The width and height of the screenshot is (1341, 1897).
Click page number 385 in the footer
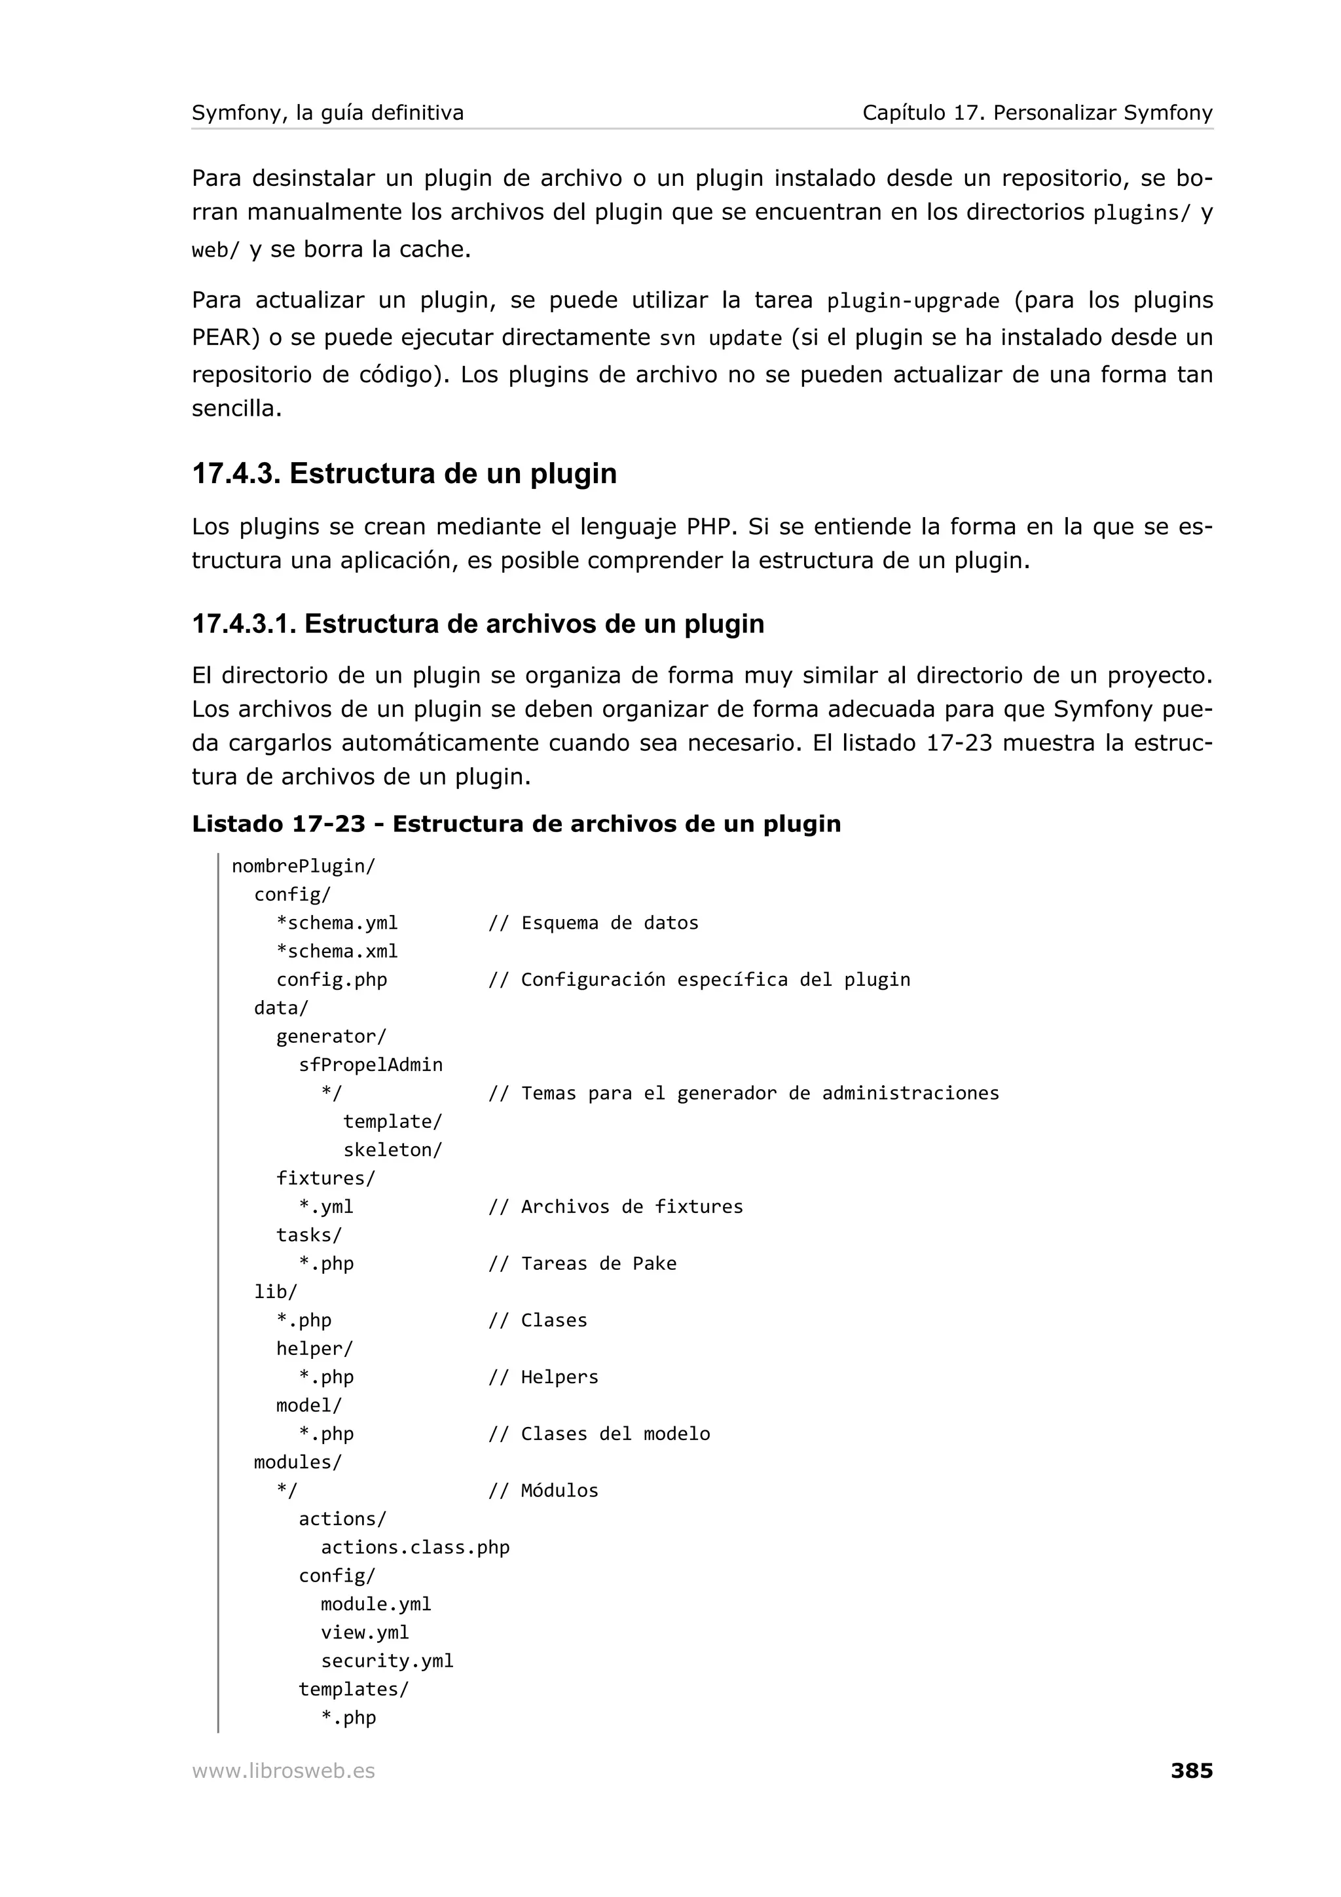click(1190, 1770)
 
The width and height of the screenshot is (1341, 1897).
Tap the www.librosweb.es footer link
click(284, 1771)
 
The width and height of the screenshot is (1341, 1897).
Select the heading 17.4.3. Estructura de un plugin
click(404, 473)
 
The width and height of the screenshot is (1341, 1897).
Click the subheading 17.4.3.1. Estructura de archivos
click(477, 624)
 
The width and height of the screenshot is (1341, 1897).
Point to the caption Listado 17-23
click(515, 823)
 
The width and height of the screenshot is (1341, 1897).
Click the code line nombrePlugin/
click(303, 866)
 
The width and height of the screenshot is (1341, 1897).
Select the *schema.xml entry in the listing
click(337, 951)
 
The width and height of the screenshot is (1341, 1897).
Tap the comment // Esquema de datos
click(593, 923)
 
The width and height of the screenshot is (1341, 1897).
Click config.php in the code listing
click(331, 979)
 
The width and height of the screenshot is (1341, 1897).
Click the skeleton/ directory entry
click(392, 1149)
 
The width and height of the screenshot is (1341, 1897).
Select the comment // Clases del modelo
click(599, 1434)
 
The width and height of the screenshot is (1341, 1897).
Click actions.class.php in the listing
click(414, 1547)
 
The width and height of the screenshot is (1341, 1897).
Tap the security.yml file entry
click(387, 1661)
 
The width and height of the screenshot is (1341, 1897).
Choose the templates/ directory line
click(354, 1689)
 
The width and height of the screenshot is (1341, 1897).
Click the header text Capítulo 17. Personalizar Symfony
click(1037, 113)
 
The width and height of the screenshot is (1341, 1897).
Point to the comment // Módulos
click(543, 1490)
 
